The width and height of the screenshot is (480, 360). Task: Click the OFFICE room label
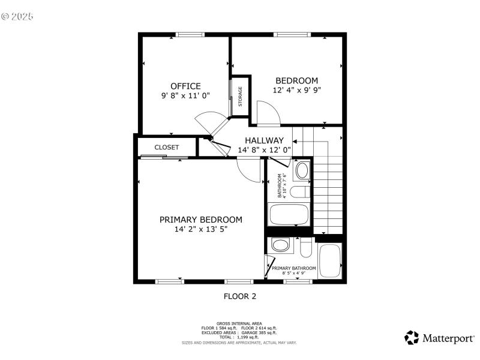(185, 86)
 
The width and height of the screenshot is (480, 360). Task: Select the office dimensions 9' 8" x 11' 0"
(185, 95)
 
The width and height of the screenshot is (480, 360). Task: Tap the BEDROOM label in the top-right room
(296, 80)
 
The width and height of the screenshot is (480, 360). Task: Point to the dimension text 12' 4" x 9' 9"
(296, 90)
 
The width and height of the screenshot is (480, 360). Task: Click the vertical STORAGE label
(241, 97)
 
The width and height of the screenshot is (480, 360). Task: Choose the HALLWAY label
(264, 140)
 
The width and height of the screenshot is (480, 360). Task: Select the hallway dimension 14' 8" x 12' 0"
(264, 150)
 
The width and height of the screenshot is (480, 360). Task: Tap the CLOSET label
(167, 147)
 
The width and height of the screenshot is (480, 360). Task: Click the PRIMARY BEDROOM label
(200, 220)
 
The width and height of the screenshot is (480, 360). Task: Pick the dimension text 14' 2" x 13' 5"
(200, 229)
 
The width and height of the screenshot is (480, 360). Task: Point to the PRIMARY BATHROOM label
(294, 269)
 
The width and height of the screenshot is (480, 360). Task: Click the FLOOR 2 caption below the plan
(240, 296)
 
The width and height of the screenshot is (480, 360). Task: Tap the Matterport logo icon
(412, 338)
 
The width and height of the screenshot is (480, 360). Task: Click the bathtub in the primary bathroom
(329, 260)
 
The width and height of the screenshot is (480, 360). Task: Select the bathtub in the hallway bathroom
(289, 215)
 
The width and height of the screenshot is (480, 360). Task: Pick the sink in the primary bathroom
(280, 245)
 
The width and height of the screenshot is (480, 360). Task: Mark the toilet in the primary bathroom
(305, 247)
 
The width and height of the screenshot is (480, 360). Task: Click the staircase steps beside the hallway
(327, 192)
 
